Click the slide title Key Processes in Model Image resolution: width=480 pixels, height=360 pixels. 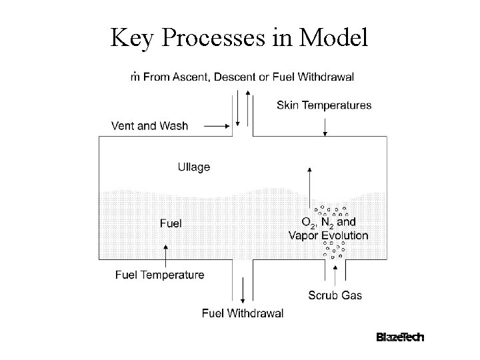(x=239, y=39)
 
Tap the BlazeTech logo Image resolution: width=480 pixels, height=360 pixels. (x=399, y=337)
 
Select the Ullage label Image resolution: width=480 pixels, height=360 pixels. (x=193, y=167)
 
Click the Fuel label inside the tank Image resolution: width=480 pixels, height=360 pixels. (x=171, y=223)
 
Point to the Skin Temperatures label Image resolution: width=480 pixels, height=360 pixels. (x=324, y=105)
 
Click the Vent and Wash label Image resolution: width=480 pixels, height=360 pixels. (x=150, y=125)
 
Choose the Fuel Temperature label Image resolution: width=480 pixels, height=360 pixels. (x=160, y=275)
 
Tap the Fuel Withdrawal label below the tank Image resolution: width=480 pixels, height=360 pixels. (x=243, y=313)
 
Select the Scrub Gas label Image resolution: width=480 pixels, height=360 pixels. (x=335, y=295)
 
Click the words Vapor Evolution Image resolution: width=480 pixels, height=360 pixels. (x=328, y=235)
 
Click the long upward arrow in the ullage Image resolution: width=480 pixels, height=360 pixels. (x=308, y=190)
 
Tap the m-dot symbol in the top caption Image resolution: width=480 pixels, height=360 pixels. (x=135, y=76)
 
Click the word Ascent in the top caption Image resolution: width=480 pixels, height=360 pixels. (x=191, y=77)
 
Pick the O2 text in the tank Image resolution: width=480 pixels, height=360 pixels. (x=309, y=223)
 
